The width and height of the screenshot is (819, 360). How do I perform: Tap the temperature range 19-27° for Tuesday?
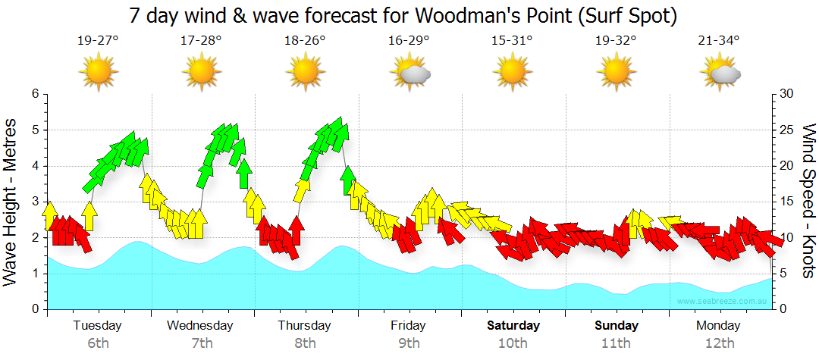[x=98, y=41]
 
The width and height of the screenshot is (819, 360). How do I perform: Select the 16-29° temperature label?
[x=409, y=41]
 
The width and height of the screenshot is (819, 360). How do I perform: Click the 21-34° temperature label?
[x=719, y=41]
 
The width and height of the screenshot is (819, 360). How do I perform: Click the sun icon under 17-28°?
[x=202, y=73]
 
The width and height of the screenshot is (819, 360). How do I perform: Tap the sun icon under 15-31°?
[x=513, y=73]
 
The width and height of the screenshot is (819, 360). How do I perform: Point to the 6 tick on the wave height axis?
[x=34, y=94]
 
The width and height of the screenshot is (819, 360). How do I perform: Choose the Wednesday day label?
[x=200, y=326]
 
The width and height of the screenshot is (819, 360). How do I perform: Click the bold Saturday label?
[x=513, y=326]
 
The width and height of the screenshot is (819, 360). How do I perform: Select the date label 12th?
[x=719, y=343]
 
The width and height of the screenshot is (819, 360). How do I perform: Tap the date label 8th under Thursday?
[x=305, y=343]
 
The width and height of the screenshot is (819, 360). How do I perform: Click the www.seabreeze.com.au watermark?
[x=723, y=302]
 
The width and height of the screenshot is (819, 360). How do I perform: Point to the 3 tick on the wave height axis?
[x=34, y=202]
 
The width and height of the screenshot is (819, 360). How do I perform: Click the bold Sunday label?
[x=616, y=326]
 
